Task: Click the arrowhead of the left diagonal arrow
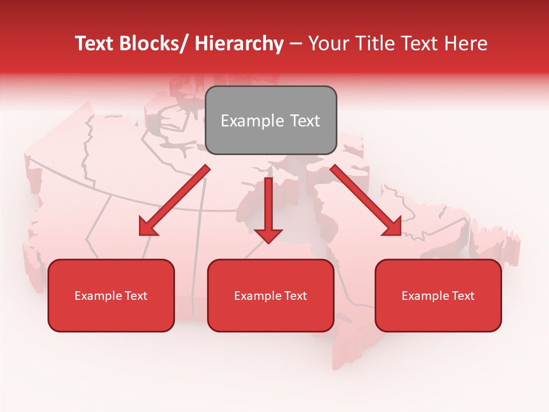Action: pyautogui.click(x=147, y=228)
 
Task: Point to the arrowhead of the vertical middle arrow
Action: pyautogui.click(x=268, y=236)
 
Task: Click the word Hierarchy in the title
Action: pyautogui.click(x=238, y=43)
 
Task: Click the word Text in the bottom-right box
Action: pyautogui.click(x=463, y=296)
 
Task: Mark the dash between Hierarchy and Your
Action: pyautogui.click(x=296, y=43)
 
